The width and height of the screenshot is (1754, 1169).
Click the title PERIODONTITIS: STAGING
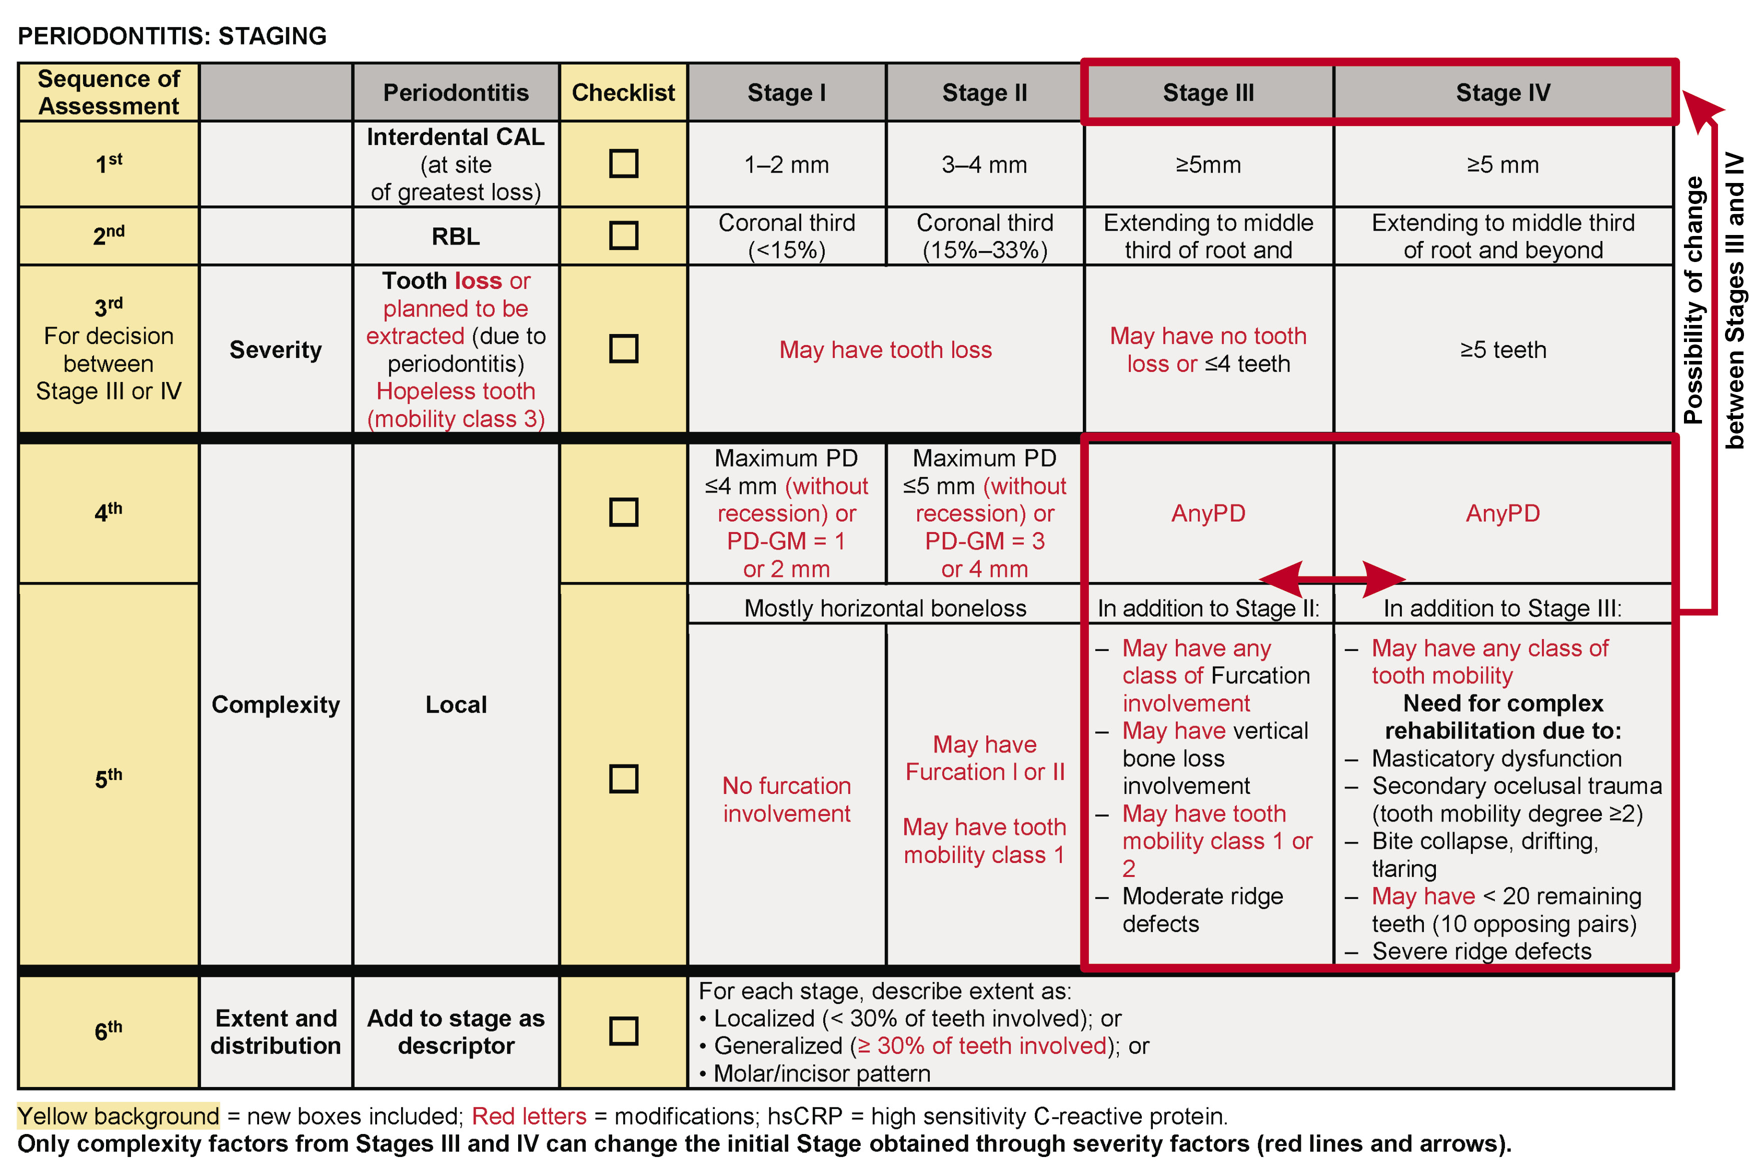172,36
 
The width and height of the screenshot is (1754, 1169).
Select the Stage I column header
786,92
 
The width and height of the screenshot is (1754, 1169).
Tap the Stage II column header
984,92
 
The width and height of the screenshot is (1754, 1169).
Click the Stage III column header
1208,92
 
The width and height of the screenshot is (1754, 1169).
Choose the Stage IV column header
1503,92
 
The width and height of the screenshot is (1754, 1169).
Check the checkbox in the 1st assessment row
624,164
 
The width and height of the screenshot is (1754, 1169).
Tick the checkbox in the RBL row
624,235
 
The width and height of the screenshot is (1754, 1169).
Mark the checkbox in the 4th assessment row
624,512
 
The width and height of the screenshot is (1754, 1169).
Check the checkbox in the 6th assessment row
624,1031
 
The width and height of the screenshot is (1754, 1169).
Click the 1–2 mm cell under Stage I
786,165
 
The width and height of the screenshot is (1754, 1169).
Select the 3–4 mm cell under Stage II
984,165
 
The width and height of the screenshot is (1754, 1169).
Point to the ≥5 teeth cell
1503,349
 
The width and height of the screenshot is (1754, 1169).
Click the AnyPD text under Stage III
1208,513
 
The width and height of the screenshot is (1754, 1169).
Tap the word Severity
275,349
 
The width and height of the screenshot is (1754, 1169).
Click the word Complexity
275,704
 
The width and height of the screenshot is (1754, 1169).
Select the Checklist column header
624,92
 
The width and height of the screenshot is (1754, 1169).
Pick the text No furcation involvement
786,799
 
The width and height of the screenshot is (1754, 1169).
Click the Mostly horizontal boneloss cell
885,608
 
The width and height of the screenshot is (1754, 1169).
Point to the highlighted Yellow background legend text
119,1116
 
